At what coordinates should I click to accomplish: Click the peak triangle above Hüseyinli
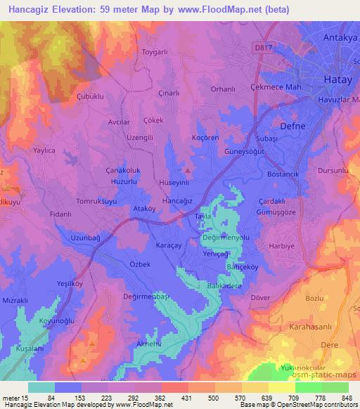pyautogui.click(x=187, y=170)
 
